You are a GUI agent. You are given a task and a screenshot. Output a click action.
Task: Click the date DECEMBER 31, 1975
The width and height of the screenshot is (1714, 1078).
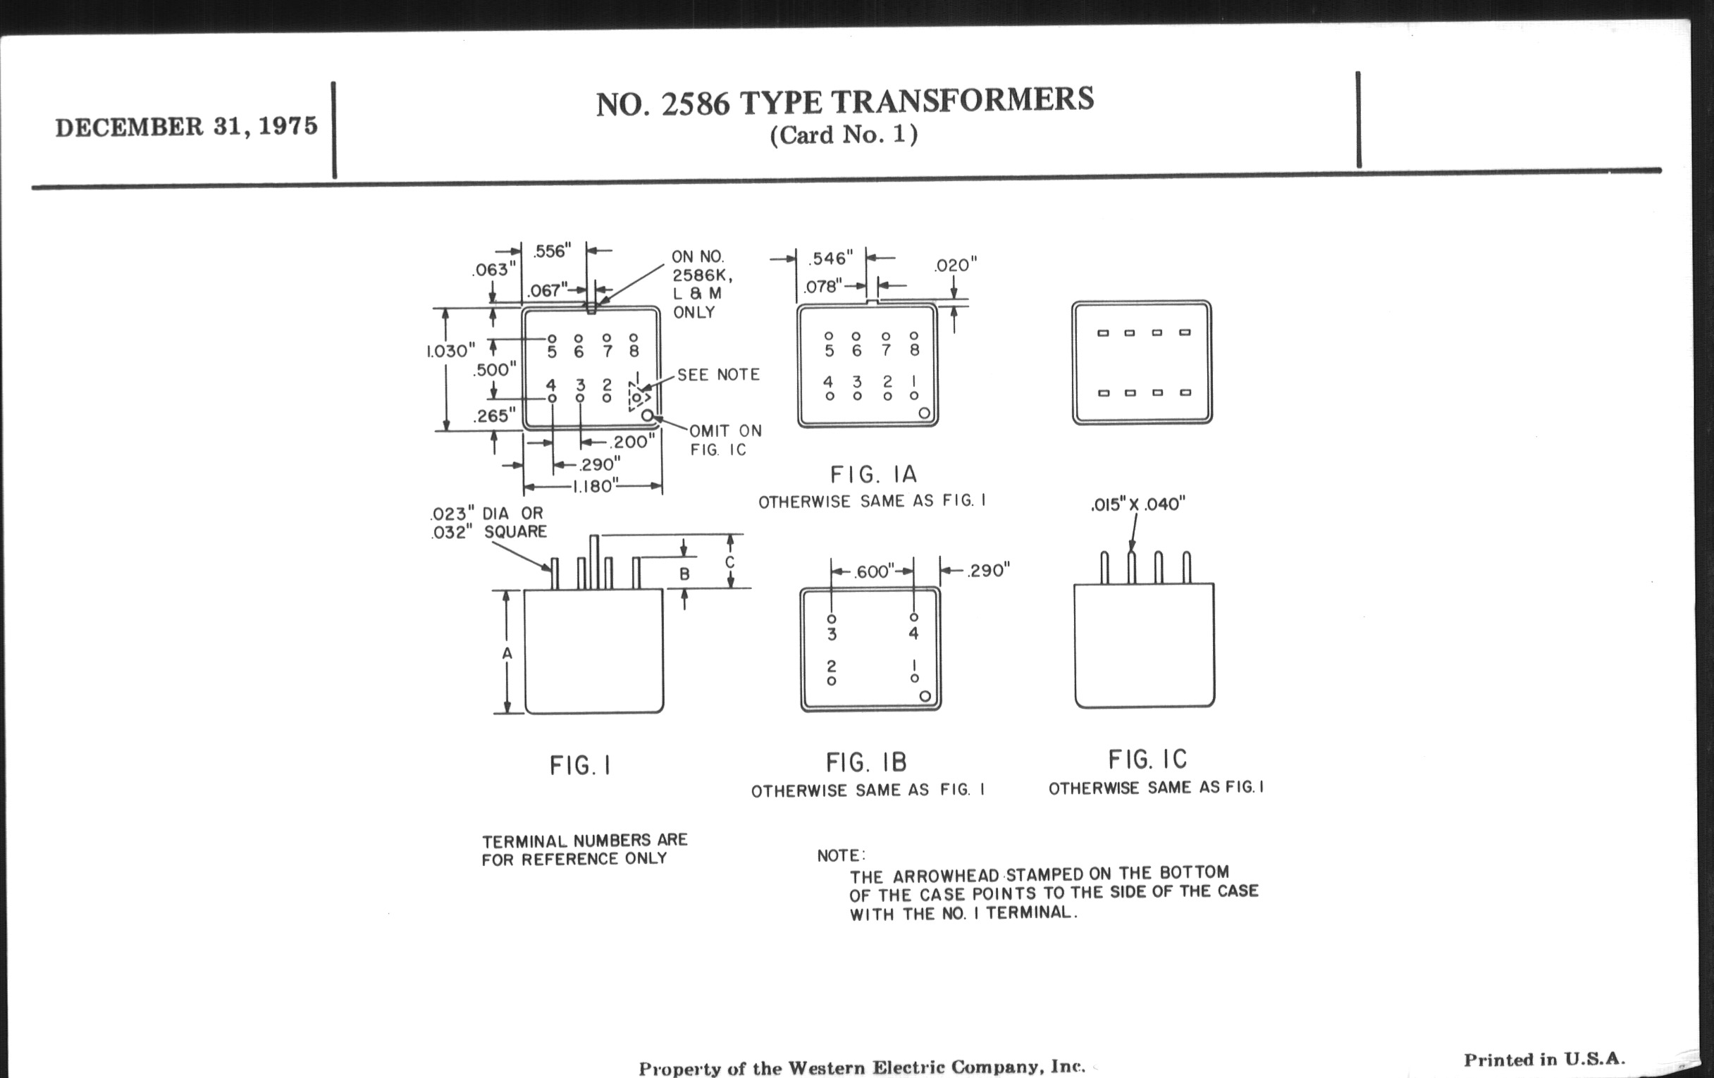coord(187,127)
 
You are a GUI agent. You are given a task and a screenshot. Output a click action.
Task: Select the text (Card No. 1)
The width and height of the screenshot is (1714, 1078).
coord(844,135)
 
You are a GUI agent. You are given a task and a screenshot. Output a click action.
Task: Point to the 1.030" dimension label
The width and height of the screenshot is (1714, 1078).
coord(450,351)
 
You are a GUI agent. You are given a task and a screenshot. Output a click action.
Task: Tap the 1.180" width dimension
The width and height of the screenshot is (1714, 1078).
coord(593,487)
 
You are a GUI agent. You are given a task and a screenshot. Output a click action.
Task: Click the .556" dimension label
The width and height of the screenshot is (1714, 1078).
coord(552,251)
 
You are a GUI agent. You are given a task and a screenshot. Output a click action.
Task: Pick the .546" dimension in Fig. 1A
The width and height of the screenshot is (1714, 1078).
coord(830,259)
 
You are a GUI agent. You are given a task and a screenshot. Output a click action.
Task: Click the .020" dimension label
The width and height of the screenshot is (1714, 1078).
coord(956,266)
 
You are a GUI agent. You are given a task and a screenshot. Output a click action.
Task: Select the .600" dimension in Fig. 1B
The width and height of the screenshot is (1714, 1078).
coord(873,572)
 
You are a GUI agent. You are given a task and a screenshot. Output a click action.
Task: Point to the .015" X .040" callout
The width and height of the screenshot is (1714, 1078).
coord(1138,504)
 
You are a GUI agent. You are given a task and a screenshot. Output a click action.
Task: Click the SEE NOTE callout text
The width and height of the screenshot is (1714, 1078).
coord(718,375)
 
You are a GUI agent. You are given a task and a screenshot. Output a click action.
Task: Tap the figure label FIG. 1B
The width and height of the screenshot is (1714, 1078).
coord(866,763)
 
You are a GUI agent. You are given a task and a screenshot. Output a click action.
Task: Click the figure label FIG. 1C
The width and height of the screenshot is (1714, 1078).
coord(1147,760)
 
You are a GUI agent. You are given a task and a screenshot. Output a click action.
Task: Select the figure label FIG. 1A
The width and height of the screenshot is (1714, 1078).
coord(873,475)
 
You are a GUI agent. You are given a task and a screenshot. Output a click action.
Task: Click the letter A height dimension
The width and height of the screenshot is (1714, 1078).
coord(507,653)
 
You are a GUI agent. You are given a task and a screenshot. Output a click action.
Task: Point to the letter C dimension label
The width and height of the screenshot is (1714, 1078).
coord(729,562)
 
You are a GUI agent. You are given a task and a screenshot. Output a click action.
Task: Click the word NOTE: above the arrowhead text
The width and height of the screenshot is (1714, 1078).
coord(841,856)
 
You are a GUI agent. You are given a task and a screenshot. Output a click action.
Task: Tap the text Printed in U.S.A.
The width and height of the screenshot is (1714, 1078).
coord(1545,1060)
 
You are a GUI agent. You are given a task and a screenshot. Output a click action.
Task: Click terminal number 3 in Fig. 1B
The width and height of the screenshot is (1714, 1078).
coord(832,634)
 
